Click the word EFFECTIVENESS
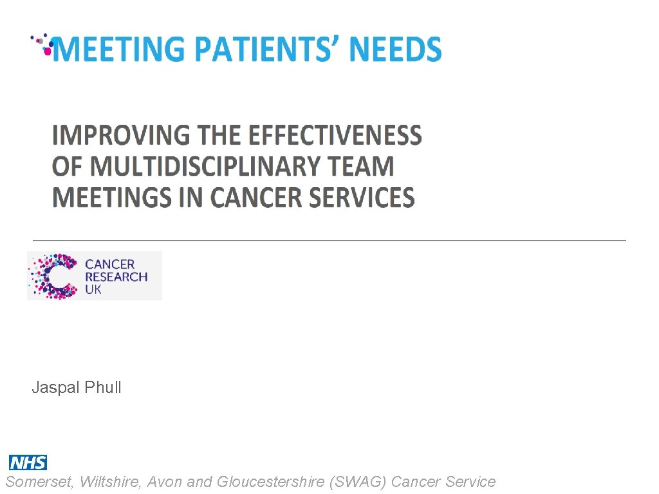[335, 136]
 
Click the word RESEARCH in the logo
[116, 277]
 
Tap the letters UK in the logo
[93, 289]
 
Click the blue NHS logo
[28, 462]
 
